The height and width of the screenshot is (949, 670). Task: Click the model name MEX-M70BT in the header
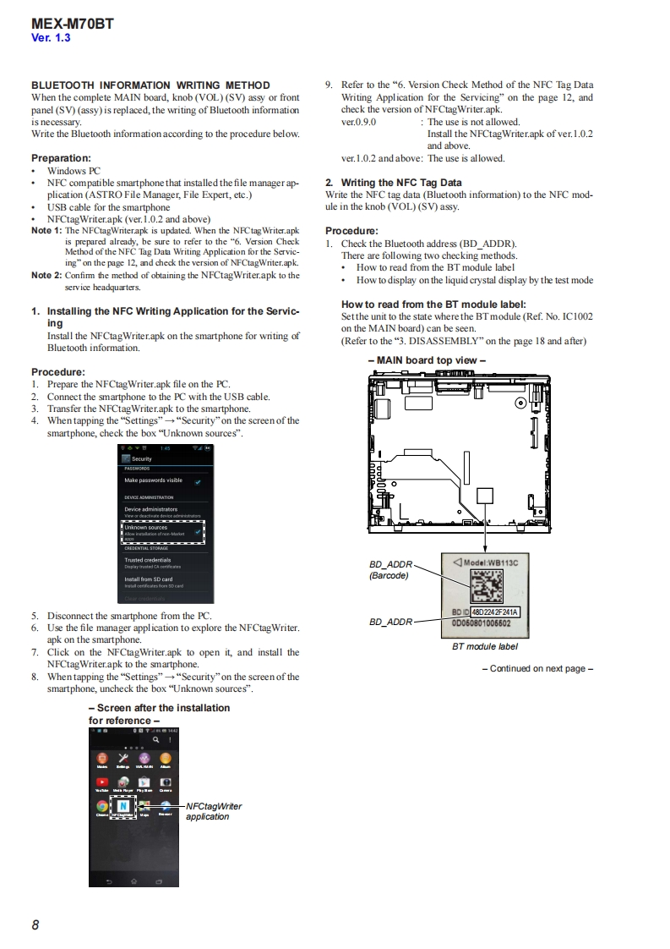(x=73, y=25)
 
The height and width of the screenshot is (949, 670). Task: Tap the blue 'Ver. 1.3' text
(x=51, y=39)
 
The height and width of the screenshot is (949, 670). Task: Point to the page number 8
(x=35, y=924)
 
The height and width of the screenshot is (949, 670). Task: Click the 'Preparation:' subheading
(x=61, y=158)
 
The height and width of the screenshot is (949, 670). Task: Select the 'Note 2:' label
(x=46, y=275)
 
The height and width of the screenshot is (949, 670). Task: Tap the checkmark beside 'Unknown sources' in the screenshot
(x=198, y=531)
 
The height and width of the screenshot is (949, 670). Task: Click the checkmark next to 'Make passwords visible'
(x=198, y=481)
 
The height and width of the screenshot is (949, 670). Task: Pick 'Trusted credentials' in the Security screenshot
(x=148, y=560)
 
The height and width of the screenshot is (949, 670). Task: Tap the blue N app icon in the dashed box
(x=123, y=805)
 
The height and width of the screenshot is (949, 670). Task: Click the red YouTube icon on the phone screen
(x=102, y=782)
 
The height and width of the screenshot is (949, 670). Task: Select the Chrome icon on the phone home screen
(x=102, y=805)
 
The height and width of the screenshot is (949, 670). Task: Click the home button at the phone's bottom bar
(x=133, y=880)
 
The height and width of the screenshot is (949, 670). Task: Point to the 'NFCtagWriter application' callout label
(x=213, y=811)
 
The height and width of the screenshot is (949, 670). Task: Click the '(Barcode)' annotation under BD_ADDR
(x=389, y=576)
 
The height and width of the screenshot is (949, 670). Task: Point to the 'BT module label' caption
(x=485, y=646)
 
